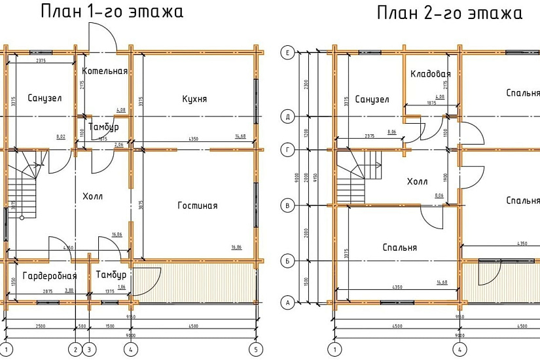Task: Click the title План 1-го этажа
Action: pyautogui.click(x=111, y=12)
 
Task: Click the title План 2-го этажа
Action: pyautogui.click(x=449, y=13)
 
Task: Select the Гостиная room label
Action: pyautogui.click(x=197, y=206)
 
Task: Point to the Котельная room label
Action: pyautogui.click(x=105, y=71)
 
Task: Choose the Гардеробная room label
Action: pyautogui.click(x=50, y=276)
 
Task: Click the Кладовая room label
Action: pyautogui.click(x=430, y=74)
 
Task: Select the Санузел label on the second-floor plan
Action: pyautogui.click(x=372, y=99)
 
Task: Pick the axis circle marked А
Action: pyautogui.click(x=286, y=302)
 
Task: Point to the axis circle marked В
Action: pyautogui.click(x=286, y=206)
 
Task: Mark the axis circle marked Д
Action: pyautogui.click(x=286, y=117)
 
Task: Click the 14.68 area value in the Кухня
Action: pyautogui.click(x=240, y=136)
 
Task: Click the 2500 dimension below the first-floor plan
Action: pyautogui.click(x=41, y=325)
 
